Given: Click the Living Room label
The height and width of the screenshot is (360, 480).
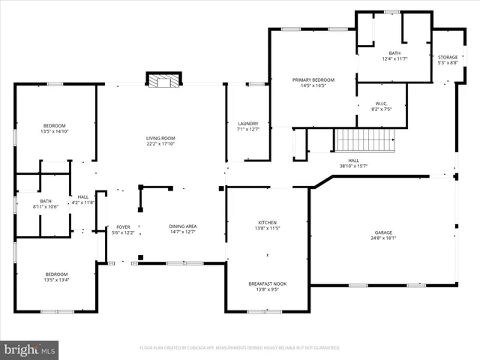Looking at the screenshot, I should pos(160,138).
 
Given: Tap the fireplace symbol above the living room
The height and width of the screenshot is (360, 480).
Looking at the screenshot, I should pos(163,80).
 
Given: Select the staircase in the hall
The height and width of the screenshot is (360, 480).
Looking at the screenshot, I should pos(353,139).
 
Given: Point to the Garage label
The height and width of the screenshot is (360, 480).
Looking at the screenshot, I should pos(383,232).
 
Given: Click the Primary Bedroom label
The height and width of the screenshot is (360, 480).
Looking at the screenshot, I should pos(313,79).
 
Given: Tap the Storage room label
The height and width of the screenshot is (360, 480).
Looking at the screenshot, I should pos(448,58).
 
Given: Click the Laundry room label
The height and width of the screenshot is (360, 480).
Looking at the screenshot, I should pos(248,124).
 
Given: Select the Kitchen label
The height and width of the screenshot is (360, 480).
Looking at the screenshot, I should pos(268,223).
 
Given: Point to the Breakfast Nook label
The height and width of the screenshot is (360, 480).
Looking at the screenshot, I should pos(268,283).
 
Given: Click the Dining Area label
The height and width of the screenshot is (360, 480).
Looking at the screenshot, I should pos(182,226).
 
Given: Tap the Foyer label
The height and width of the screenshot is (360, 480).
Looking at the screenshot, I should pos(122,226).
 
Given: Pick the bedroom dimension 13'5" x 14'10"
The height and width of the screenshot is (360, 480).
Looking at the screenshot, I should pos(54,131).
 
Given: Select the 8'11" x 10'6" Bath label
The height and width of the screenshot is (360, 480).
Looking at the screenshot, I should pos(46,204).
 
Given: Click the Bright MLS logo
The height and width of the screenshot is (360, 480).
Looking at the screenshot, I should pos(30,349).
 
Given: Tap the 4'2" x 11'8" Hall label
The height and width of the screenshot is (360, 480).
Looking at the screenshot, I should pos(83,201).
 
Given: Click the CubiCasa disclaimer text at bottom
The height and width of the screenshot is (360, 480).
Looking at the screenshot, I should pos(239,348).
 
